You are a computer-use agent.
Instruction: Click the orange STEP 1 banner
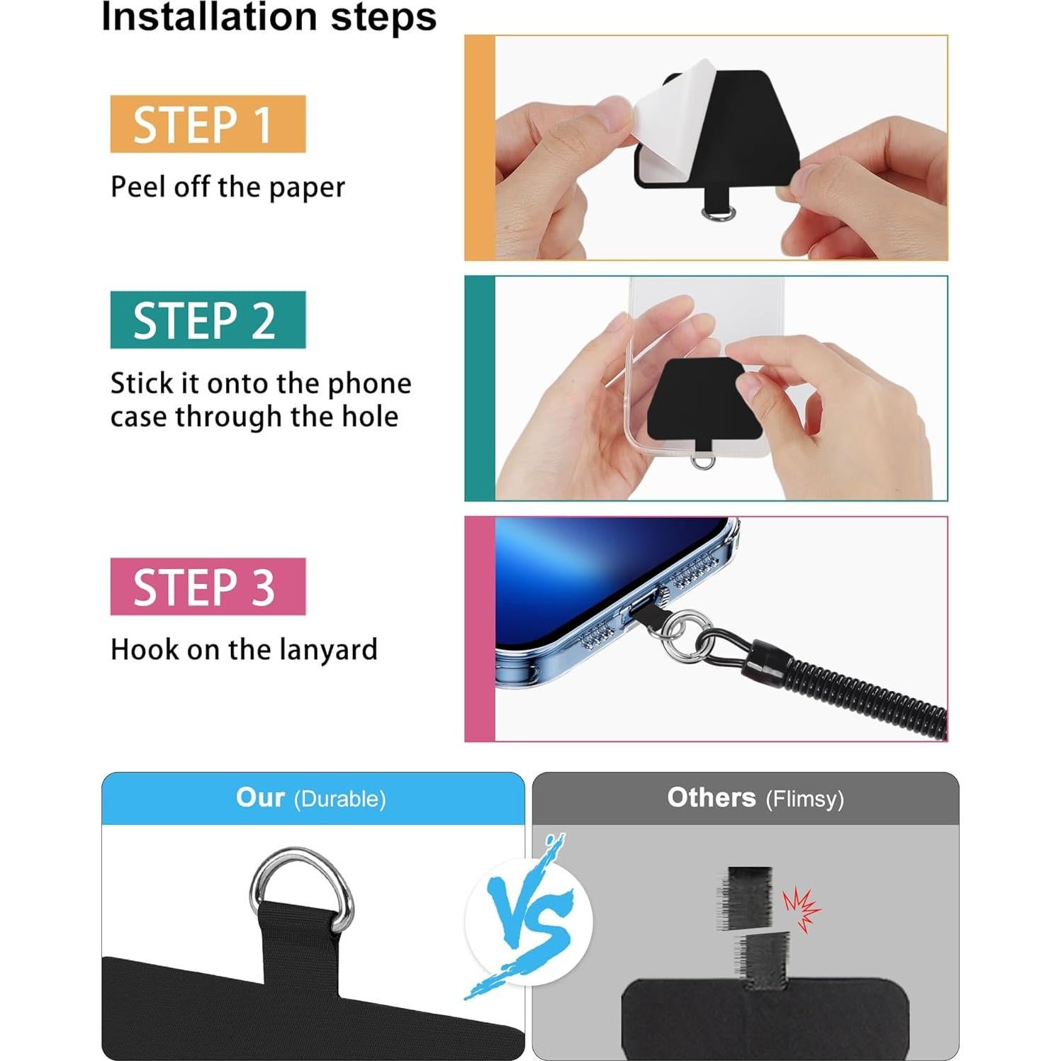pyautogui.click(x=208, y=124)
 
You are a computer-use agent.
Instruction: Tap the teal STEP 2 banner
pyautogui.click(x=208, y=320)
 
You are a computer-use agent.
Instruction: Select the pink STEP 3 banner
pyautogui.click(x=208, y=586)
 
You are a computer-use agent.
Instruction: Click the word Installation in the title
pyautogui.click(x=208, y=17)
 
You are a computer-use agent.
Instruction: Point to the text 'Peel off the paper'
pyautogui.click(x=228, y=187)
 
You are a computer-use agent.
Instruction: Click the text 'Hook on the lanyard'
pyautogui.click(x=244, y=649)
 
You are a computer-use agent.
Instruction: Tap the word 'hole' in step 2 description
pyautogui.click(x=370, y=417)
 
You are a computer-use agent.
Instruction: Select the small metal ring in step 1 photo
pyautogui.click(x=717, y=213)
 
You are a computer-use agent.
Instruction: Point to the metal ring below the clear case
pyautogui.click(x=702, y=462)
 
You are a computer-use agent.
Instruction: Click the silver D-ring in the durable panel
pyautogui.click(x=302, y=879)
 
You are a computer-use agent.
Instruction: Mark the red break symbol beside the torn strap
pyautogui.click(x=802, y=907)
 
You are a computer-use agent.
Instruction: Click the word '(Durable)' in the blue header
pyautogui.click(x=339, y=799)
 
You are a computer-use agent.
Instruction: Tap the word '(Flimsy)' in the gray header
pyautogui.click(x=804, y=799)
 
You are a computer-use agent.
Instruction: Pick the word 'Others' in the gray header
pyautogui.click(x=711, y=797)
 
